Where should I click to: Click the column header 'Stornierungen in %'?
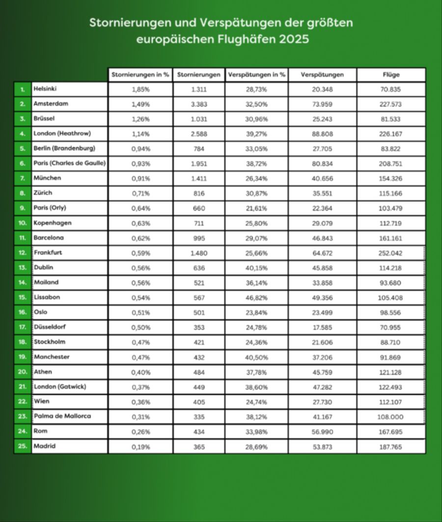point(140,75)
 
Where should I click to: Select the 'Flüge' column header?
point(391,75)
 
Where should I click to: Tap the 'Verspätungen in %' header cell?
point(256,75)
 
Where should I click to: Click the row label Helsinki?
point(45,89)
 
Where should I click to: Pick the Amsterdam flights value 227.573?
point(391,104)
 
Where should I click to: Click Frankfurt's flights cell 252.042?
point(391,253)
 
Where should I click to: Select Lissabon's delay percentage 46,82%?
point(256,298)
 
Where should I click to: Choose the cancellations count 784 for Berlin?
point(199,149)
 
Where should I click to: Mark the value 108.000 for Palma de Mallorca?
point(391,417)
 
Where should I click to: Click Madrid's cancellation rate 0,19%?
point(140,447)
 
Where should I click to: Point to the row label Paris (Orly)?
point(50,208)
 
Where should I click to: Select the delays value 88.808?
point(322,134)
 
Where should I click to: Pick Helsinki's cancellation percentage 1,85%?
point(140,89)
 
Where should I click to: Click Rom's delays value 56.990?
point(322,432)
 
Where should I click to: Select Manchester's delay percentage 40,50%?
point(256,357)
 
